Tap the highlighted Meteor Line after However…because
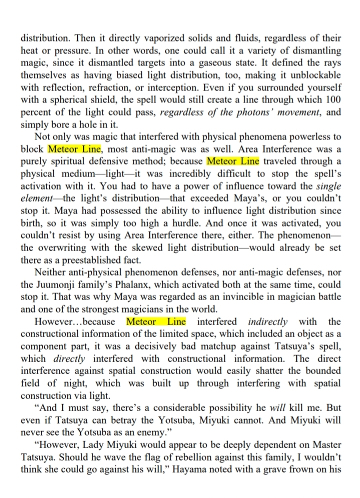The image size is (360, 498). (156, 321)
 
